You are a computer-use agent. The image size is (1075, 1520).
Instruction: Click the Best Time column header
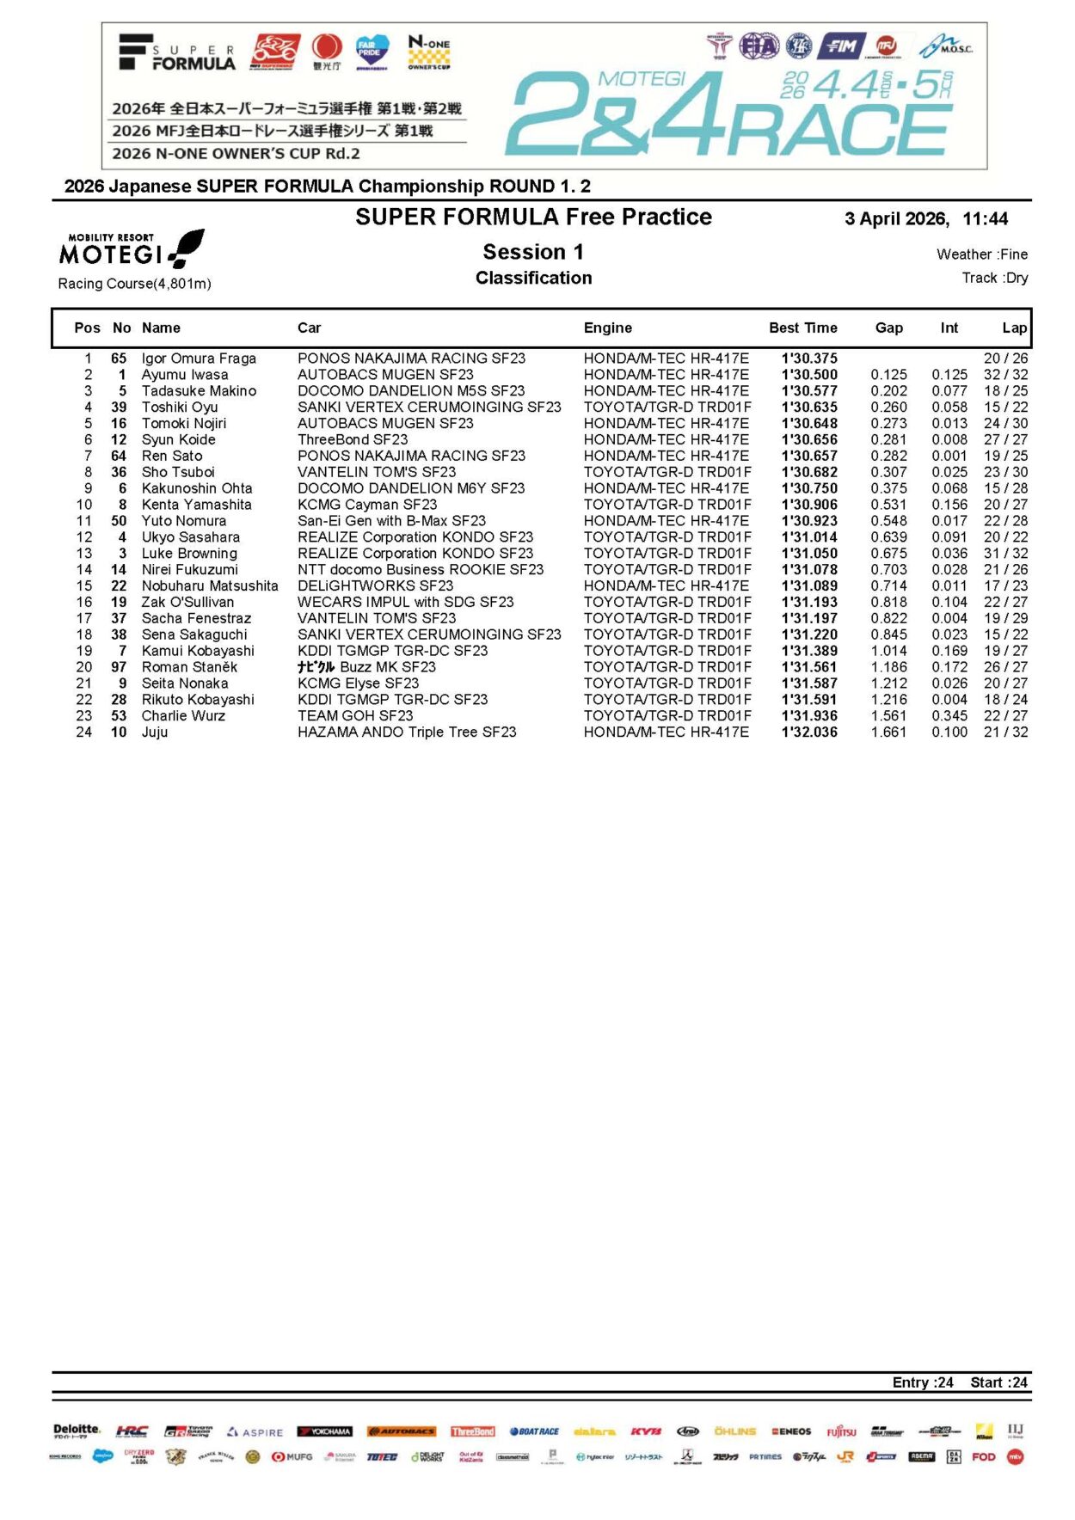802,328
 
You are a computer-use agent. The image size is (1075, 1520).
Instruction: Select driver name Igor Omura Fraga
199,359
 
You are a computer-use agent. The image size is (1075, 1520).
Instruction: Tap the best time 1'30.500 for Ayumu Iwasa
809,375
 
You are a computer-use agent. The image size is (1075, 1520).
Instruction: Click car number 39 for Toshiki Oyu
119,408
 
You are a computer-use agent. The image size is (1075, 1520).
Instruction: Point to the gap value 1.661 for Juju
888,732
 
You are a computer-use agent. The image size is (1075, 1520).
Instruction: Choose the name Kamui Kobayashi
198,651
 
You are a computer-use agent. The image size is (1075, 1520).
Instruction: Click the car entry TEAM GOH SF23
355,716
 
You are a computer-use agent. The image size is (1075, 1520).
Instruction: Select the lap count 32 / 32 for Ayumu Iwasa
1005,375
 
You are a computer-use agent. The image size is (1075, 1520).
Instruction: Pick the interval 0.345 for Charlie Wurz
949,716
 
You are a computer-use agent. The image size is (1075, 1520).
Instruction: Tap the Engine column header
607,328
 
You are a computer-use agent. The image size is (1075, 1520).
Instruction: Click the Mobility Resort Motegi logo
132,249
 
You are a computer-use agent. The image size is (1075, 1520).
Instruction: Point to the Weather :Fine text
981,254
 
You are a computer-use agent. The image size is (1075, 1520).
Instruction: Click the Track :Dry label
994,278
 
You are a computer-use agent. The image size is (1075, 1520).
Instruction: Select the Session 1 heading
533,252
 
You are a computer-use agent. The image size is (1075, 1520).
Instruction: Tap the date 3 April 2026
896,219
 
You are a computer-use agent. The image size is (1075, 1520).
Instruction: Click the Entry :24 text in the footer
923,1382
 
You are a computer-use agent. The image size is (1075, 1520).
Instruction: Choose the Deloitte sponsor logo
77,1431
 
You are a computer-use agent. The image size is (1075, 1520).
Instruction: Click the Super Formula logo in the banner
177,53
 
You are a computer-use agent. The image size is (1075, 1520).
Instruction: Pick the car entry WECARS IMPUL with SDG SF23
405,602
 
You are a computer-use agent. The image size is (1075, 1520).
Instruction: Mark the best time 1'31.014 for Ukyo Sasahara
809,537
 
